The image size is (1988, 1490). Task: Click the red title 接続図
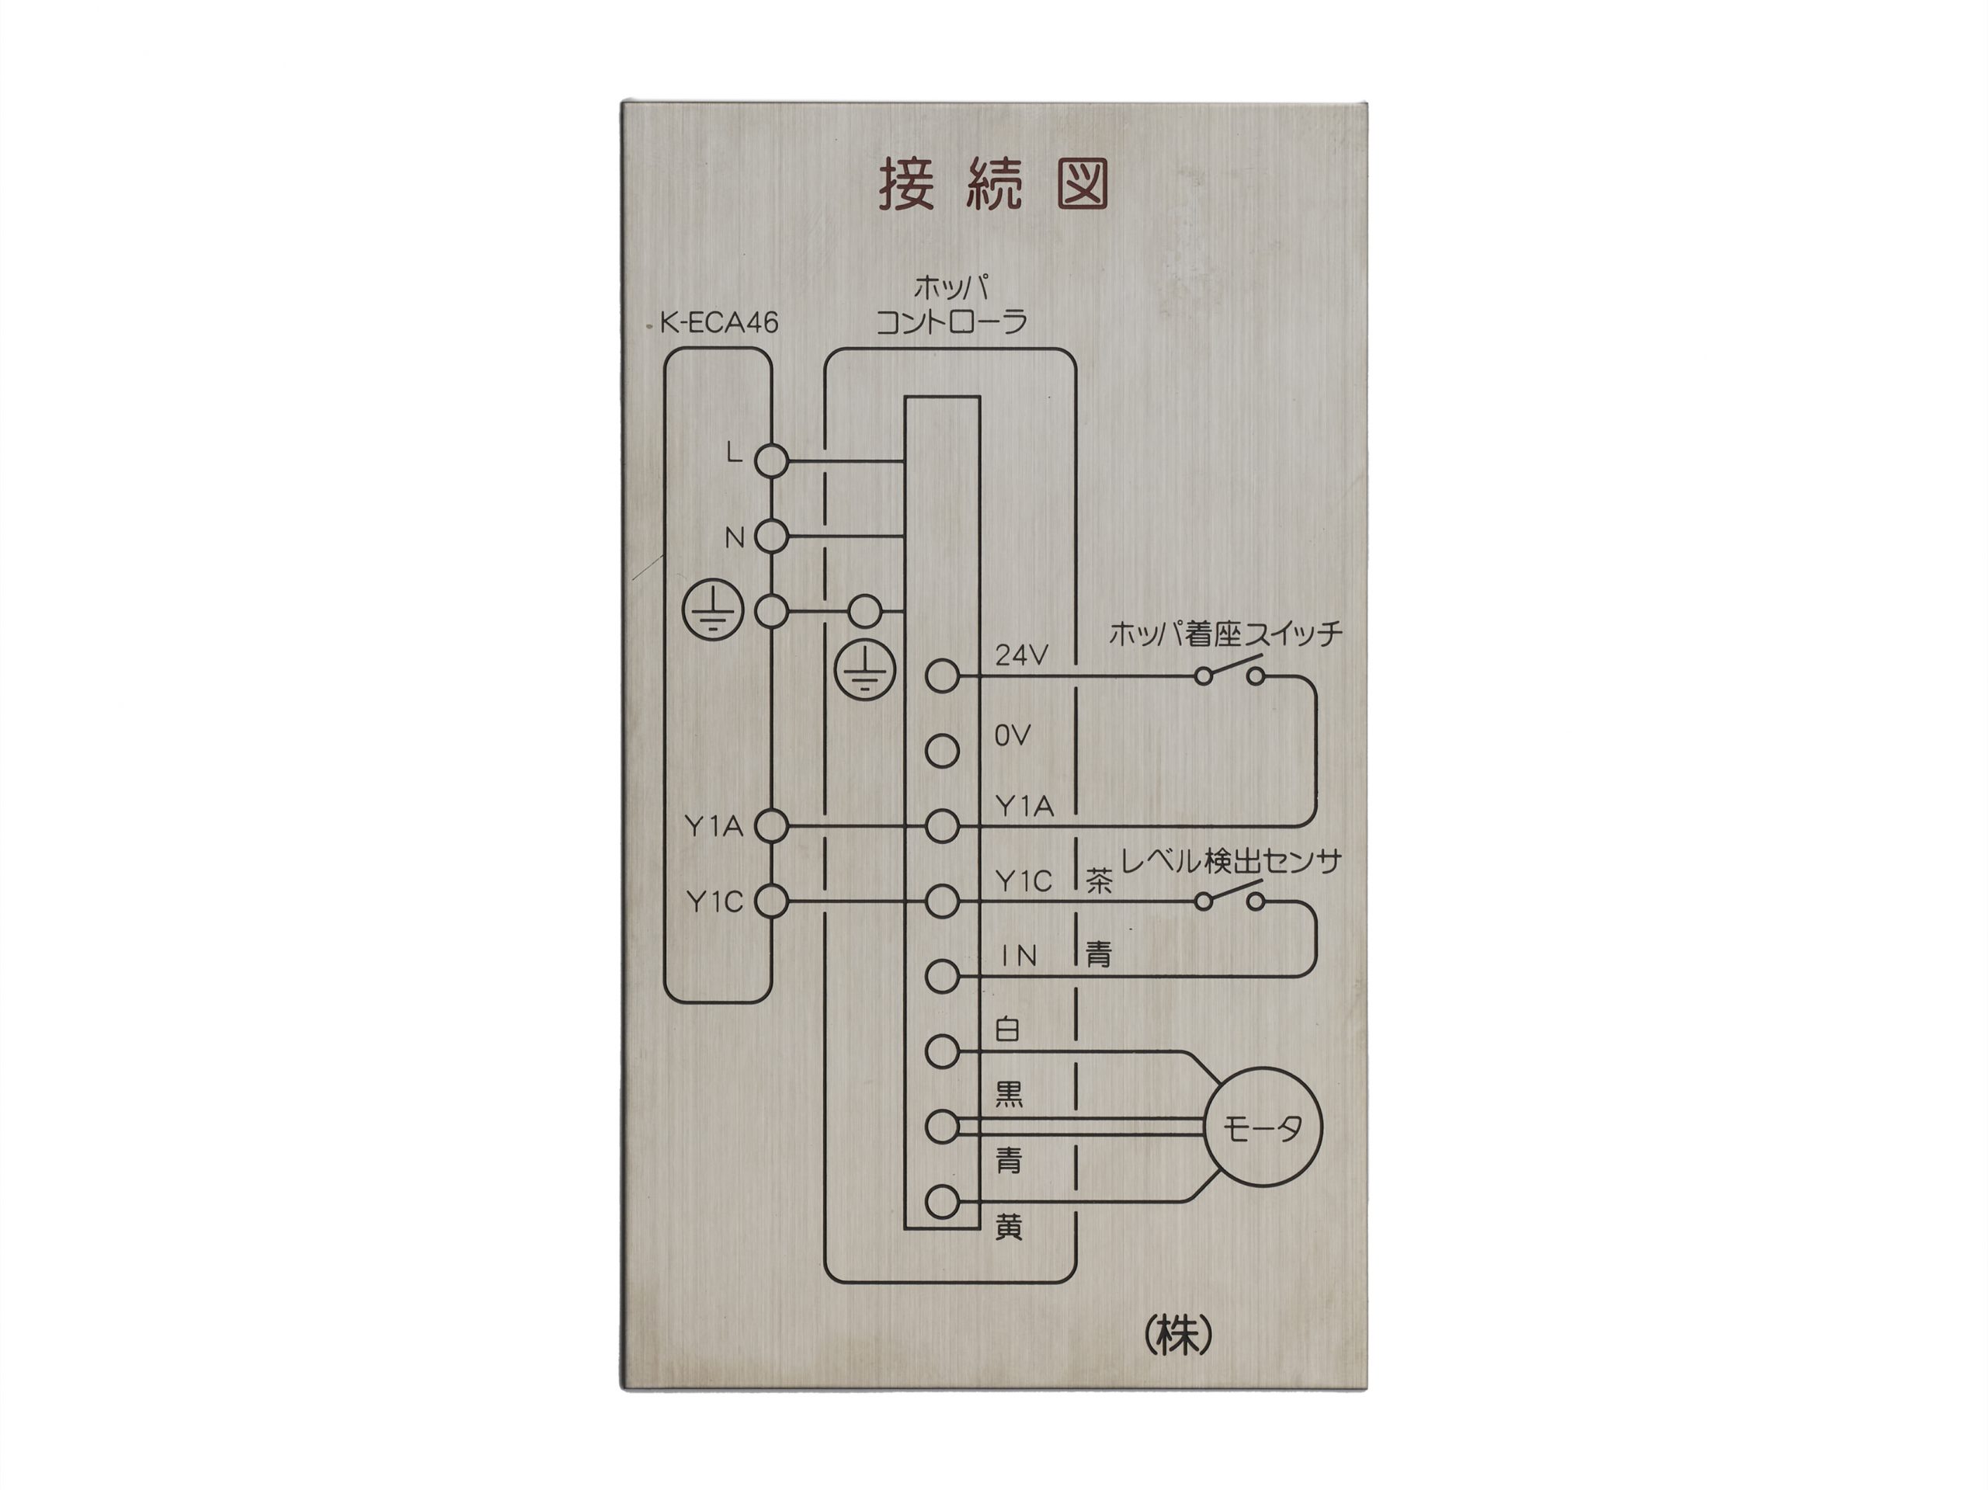[993, 185]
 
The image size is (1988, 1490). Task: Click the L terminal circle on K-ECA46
[770, 461]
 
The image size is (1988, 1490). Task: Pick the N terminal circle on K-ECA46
[770, 537]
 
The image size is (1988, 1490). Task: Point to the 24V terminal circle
[942, 675]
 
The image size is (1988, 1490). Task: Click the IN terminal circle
[942, 976]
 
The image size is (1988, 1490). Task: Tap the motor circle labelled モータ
[1263, 1127]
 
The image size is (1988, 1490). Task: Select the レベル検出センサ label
[1232, 861]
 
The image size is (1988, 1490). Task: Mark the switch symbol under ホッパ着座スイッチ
[1229, 670]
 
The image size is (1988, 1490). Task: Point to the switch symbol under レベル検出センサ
[1229, 896]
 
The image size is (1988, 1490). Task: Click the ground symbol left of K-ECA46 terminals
[713, 611]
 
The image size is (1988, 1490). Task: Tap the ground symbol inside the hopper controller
[864, 669]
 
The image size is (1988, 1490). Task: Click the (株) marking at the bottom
[1178, 1336]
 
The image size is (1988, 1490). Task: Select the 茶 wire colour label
[1099, 880]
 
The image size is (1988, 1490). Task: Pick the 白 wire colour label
[1007, 1029]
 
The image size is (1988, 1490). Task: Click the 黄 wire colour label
[1009, 1227]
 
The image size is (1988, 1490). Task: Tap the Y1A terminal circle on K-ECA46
[770, 825]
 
